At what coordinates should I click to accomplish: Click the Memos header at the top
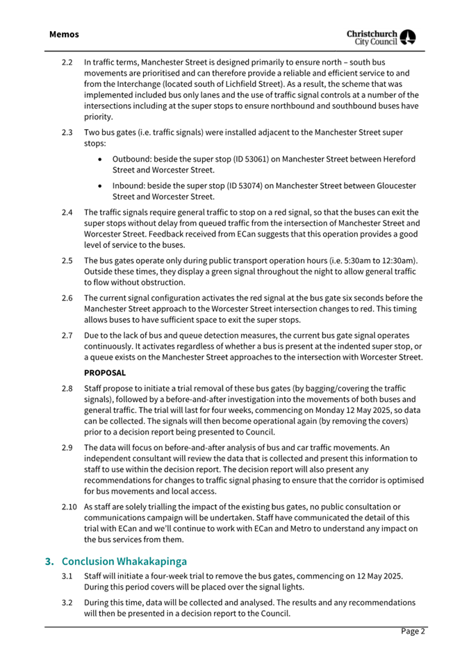(64, 34)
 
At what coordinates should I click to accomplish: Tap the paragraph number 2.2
(67, 63)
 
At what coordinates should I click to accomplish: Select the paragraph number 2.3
(67, 132)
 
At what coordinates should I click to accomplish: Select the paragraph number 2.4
(67, 212)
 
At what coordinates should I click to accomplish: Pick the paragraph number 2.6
(67, 298)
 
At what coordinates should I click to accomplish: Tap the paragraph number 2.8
(67, 389)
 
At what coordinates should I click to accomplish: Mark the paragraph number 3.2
(67, 602)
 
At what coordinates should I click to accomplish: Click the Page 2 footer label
(413, 631)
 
